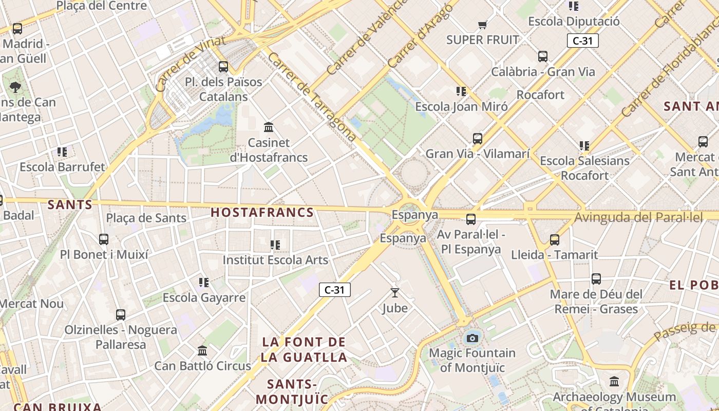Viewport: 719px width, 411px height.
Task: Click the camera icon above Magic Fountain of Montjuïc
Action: point(472,338)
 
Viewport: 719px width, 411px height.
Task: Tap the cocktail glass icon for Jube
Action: point(394,293)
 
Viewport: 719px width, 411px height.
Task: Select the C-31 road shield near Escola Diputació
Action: point(583,41)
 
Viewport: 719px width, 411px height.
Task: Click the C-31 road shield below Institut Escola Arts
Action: point(334,290)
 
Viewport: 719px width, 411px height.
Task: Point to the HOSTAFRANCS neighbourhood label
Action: point(262,212)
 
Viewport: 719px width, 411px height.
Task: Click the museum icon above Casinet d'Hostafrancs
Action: point(268,127)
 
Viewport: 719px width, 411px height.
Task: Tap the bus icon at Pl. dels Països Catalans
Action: point(223,66)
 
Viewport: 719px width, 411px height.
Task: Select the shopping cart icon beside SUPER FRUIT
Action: point(482,25)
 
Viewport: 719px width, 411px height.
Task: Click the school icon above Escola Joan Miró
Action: point(461,91)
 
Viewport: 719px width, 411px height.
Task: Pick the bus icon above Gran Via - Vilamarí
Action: point(478,138)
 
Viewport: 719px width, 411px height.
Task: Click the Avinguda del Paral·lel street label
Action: point(638,217)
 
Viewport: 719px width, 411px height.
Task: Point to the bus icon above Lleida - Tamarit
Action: point(555,239)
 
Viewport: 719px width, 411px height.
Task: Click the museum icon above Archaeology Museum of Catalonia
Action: point(614,382)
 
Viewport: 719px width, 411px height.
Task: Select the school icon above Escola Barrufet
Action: point(62,152)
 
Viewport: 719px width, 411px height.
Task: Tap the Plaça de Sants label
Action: point(146,218)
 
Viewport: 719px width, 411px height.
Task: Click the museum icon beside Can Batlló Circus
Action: point(202,351)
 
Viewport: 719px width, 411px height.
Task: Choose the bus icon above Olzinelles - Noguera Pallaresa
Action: point(121,314)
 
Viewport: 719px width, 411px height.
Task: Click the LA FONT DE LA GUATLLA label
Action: point(304,349)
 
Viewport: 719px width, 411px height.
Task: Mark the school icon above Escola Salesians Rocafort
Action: point(584,146)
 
